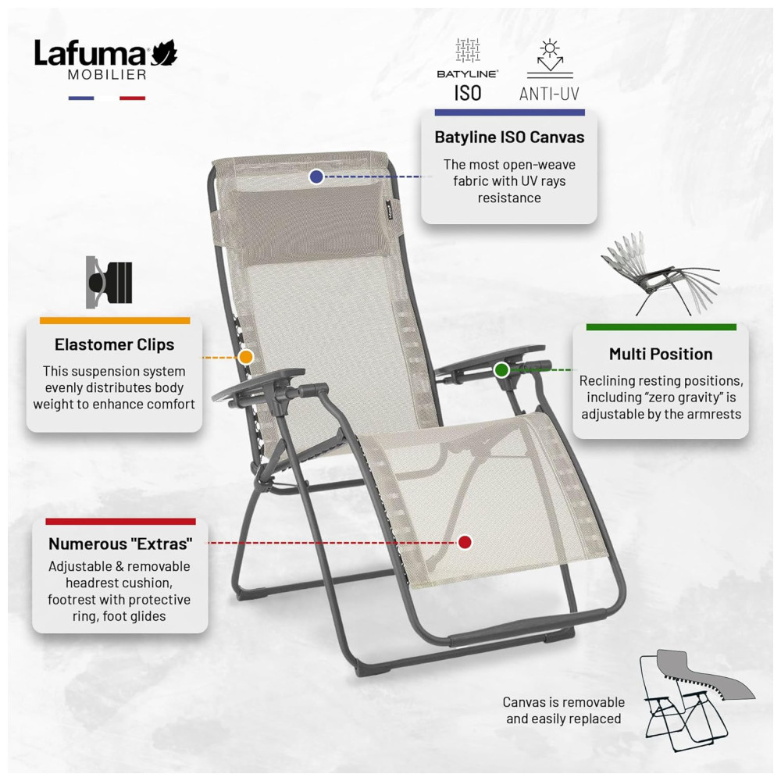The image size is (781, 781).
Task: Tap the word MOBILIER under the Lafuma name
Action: coord(107,75)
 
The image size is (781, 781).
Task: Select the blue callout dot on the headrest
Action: coord(316,177)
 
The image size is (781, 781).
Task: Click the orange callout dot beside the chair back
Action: coord(246,357)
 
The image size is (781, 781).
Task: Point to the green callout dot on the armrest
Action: coord(501,369)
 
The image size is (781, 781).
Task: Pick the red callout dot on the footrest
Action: coord(465,542)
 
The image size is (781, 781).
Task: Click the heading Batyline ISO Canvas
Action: coord(509,137)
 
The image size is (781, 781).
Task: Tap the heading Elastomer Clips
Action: coord(114,344)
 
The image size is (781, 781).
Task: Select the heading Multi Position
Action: coord(661,354)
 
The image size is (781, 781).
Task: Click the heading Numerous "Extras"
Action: coord(120,544)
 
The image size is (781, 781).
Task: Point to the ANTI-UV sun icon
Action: coord(550,59)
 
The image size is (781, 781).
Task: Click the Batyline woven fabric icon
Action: coord(468,50)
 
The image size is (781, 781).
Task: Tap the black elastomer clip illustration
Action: coord(109,283)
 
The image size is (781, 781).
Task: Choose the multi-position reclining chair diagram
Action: coord(661,274)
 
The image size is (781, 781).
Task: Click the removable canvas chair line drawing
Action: coord(697,696)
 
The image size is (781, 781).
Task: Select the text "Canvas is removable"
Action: coord(563,702)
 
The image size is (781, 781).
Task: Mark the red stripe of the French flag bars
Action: coord(133,98)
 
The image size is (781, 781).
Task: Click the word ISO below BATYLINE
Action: coord(468,93)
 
